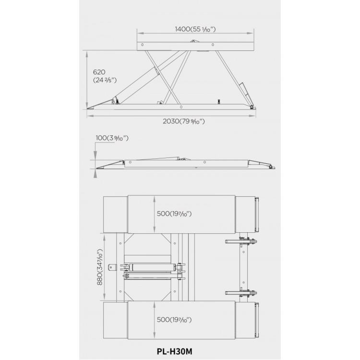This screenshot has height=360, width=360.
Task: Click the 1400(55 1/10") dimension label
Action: pyautogui.click(x=195, y=29)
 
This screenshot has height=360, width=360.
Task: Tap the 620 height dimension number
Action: pyautogui.click(x=99, y=72)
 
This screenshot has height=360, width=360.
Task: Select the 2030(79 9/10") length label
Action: pyautogui.click(x=184, y=121)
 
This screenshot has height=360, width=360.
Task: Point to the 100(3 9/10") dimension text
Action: pyautogui.click(x=112, y=138)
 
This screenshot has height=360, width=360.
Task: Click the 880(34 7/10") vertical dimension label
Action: pyautogui.click(x=100, y=267)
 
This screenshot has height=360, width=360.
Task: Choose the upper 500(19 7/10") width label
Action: pyautogui.click(x=174, y=214)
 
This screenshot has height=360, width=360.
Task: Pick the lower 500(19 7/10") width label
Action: pyautogui.click(x=174, y=320)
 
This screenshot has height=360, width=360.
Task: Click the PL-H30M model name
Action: pyautogui.click(x=175, y=351)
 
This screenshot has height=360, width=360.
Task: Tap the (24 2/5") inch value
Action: pyautogui.click(x=105, y=80)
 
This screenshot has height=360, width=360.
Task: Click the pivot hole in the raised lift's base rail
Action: pyautogui.click(x=181, y=107)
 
